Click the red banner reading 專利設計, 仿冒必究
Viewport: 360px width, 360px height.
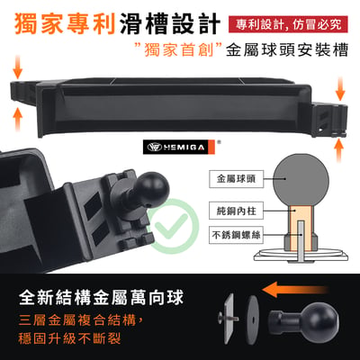[x=288, y=24]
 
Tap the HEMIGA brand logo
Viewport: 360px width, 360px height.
[x=179, y=147]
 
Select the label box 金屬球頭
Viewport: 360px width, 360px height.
[x=236, y=179]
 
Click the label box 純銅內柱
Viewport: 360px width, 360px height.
[x=236, y=211]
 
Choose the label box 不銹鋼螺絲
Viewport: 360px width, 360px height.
[x=236, y=235]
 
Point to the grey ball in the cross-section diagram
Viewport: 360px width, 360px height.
[x=301, y=180]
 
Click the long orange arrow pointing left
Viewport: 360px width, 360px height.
[x=294, y=291]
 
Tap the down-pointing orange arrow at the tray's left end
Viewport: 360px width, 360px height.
[x=18, y=67]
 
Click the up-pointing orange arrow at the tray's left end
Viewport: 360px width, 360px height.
[x=18, y=120]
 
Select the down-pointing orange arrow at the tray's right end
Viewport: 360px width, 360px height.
[x=340, y=89]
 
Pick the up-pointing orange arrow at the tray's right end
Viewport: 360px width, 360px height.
[x=339, y=150]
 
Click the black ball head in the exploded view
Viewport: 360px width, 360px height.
[x=303, y=320]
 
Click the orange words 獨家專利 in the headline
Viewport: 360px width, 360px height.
[x=65, y=24]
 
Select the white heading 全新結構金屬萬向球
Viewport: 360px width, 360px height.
[x=101, y=297]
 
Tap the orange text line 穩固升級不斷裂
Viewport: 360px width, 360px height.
[x=69, y=338]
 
